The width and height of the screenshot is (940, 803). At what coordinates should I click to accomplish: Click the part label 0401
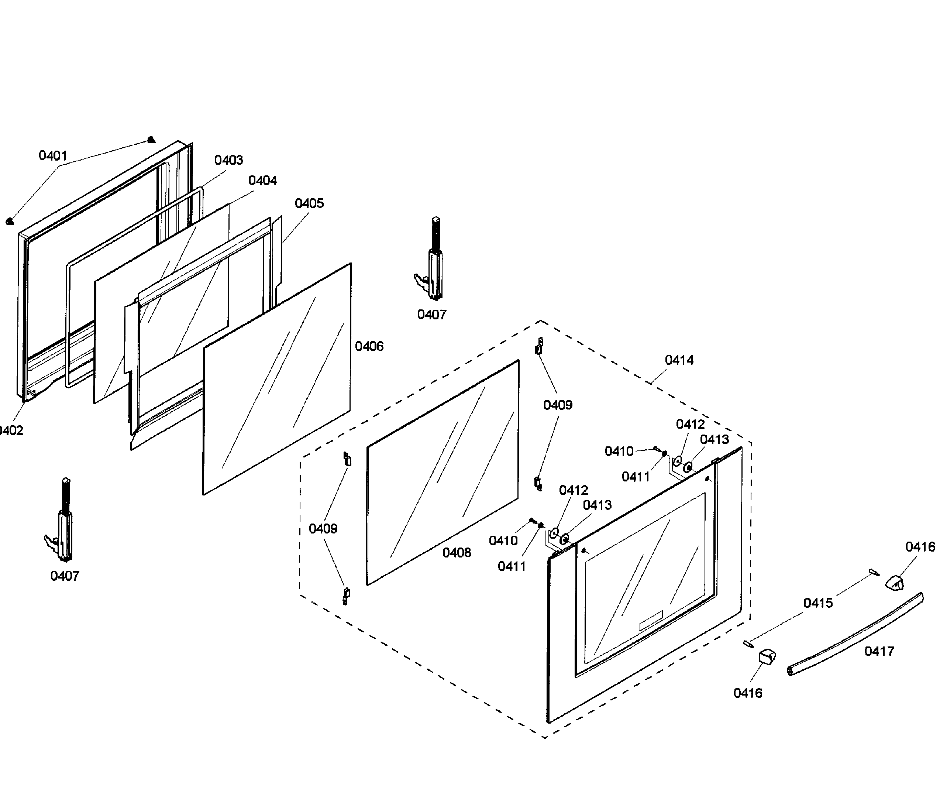pos(53,156)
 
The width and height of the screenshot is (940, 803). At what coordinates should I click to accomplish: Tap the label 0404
pos(262,180)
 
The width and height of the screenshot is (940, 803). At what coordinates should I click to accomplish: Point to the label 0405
pos(309,203)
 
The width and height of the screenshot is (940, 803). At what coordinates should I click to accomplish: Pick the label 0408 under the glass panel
pos(457,552)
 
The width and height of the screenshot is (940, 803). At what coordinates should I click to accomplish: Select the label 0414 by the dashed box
pos(679,360)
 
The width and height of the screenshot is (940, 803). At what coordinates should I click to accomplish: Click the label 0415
pos(818,603)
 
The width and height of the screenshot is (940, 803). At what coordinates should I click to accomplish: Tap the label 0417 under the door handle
pos(879,651)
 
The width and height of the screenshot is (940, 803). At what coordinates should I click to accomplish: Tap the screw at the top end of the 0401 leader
pos(151,140)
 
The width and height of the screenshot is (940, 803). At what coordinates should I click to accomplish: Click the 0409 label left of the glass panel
pos(323,528)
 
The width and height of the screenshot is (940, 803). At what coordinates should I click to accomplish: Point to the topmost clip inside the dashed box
pos(540,346)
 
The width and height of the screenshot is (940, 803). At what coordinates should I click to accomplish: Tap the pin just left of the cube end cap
pos(748,644)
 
